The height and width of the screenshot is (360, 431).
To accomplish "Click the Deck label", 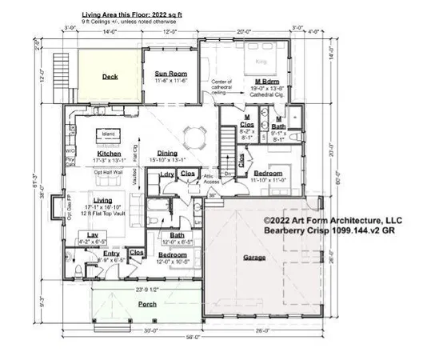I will point(110,78).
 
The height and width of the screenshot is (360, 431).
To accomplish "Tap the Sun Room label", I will point(170,74).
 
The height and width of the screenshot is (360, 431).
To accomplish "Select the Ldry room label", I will point(168,174).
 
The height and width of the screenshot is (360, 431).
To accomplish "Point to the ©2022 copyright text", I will point(333,220).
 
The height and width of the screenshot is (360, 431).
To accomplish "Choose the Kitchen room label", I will point(108,152).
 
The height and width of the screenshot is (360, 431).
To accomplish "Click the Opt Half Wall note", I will point(109,171).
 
